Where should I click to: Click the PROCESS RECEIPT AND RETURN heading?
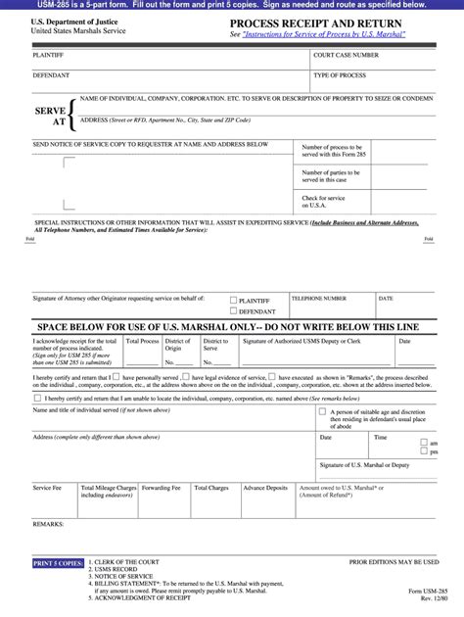317,23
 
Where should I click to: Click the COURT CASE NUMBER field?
372,63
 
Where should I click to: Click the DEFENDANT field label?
51,75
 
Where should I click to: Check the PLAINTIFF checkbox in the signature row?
232,301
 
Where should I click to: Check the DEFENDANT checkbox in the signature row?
232,310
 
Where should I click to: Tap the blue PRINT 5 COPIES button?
58,564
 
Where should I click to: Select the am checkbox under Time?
424,444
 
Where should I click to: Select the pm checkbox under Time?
424,452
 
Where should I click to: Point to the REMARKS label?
48,525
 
